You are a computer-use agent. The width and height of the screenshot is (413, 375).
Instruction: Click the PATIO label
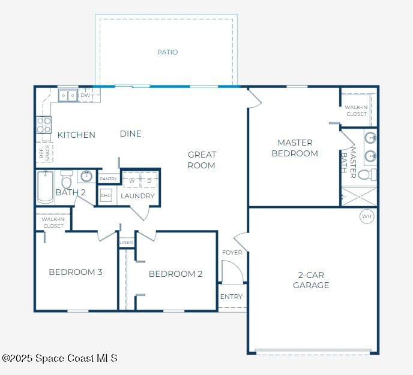[167, 52]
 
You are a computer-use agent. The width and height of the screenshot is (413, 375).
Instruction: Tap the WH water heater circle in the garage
[367, 216]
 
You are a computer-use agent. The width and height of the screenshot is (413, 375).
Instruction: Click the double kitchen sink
[68, 96]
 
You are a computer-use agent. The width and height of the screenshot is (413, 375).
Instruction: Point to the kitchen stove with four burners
[44, 125]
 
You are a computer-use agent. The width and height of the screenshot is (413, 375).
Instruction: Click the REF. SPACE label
[44, 152]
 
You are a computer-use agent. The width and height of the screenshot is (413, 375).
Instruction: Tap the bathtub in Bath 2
[45, 187]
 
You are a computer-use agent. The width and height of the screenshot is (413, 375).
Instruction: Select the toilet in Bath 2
[67, 179]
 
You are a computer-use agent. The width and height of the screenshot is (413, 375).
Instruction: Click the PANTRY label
[108, 179]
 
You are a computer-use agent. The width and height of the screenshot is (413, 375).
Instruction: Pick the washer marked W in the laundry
[131, 180]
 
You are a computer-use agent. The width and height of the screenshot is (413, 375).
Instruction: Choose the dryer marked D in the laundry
[149, 180]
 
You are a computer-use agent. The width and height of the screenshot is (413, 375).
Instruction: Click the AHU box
[106, 195]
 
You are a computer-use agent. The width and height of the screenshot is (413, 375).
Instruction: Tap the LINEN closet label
[126, 242]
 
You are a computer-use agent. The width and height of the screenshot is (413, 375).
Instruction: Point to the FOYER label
[232, 253]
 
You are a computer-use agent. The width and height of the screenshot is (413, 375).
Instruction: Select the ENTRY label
[231, 297]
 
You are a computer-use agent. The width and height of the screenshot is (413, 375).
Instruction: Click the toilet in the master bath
[367, 174]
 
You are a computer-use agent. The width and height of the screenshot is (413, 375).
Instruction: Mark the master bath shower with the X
[359, 196]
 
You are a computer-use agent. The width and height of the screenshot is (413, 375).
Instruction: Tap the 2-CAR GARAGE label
[311, 280]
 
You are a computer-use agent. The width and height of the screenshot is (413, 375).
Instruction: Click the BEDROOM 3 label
[76, 272]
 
